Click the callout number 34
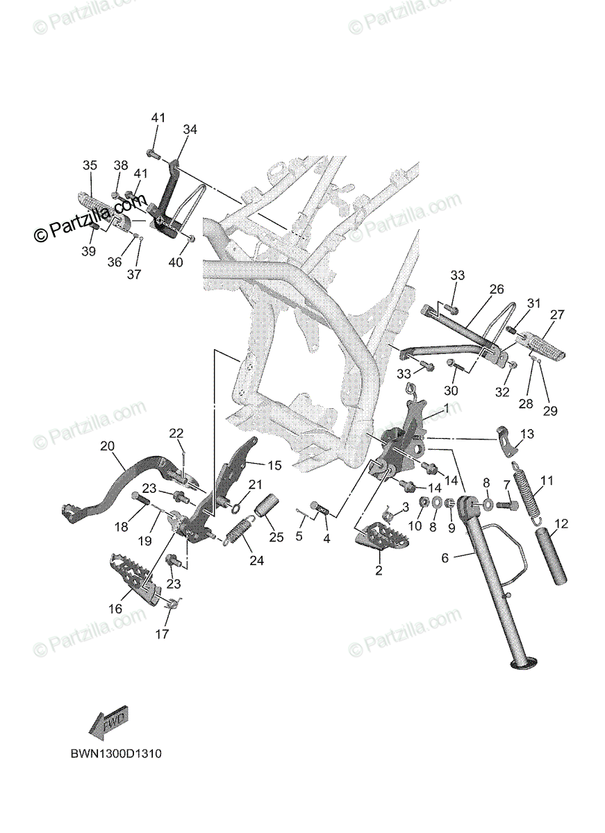pyautogui.click(x=190, y=130)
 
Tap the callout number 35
pyautogui.click(x=90, y=165)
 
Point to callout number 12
pyautogui.click(x=561, y=523)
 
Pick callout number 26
pyautogui.click(x=497, y=288)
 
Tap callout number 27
pyautogui.click(x=558, y=314)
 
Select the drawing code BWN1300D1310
pyautogui.click(x=115, y=753)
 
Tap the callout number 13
pyautogui.click(x=527, y=435)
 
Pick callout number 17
pyautogui.click(x=162, y=634)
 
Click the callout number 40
pyautogui.click(x=176, y=262)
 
